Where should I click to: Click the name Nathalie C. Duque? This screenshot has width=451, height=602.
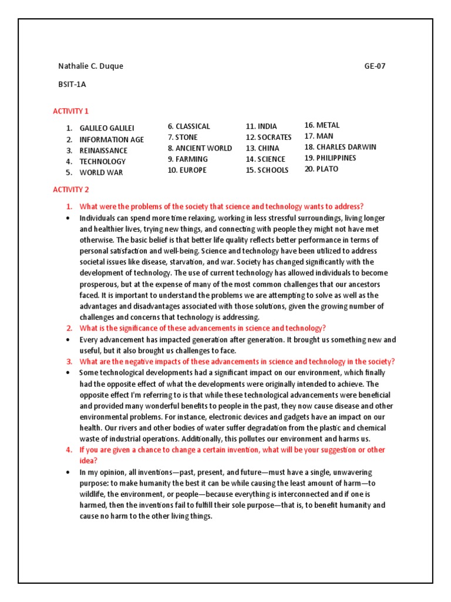pyautogui.click(x=90, y=66)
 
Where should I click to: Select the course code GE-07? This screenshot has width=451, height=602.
pyautogui.click(x=375, y=66)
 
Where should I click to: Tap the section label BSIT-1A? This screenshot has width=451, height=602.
pyautogui.click(x=72, y=84)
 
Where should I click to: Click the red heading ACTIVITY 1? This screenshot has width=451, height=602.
pyautogui.click(x=70, y=111)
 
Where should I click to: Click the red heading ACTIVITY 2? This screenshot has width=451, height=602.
pyautogui.click(x=70, y=190)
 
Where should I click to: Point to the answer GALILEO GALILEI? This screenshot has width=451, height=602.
pyautogui.click(x=107, y=128)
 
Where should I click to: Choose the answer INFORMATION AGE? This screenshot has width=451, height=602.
pyautogui.click(x=112, y=139)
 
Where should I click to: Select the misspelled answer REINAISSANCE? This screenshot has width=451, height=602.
pyautogui.click(x=103, y=150)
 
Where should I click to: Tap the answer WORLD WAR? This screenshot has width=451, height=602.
pyautogui.click(x=101, y=172)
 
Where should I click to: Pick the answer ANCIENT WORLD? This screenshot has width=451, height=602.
pyautogui.click(x=203, y=148)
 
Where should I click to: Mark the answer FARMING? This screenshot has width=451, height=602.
pyautogui.click(x=191, y=159)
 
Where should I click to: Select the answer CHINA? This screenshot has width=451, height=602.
pyautogui.click(x=268, y=148)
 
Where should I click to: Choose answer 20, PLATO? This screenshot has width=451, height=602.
pyautogui.click(x=327, y=169)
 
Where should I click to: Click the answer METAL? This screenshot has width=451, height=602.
pyautogui.click(x=328, y=125)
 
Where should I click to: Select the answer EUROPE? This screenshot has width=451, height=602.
pyautogui.click(x=191, y=170)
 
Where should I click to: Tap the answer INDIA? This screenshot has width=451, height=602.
pyautogui.click(x=267, y=126)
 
